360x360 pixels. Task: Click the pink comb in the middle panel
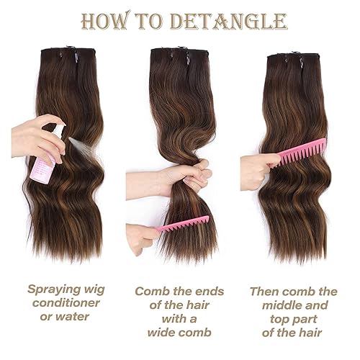tap(179, 224)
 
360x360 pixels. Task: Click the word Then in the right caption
tap(264, 292)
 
